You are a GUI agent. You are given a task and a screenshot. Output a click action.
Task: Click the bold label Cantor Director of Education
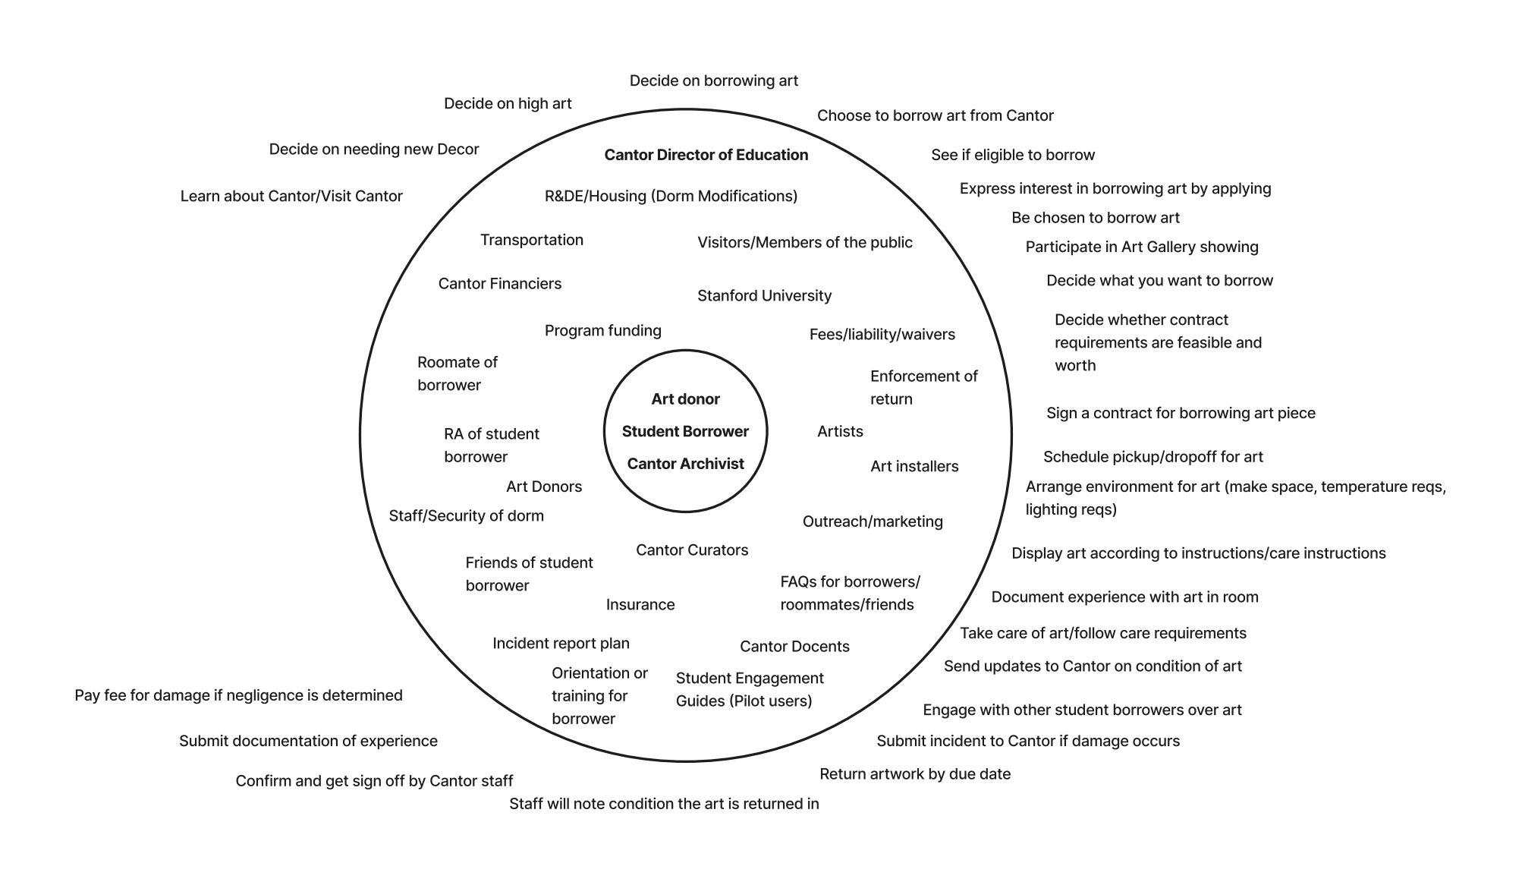coord(706,155)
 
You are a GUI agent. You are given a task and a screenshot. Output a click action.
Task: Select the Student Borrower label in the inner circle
coord(685,431)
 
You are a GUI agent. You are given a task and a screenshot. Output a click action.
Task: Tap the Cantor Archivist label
coord(685,464)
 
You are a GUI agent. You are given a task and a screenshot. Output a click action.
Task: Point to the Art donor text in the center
coord(685,399)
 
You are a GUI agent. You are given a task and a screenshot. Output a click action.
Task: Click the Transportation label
coord(531,240)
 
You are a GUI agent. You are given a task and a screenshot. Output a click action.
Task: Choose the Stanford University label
coord(764,295)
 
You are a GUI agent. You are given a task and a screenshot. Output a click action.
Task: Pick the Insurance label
coord(640,604)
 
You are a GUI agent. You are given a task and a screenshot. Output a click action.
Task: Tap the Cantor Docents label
coord(794,646)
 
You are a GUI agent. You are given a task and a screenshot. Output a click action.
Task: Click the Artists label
coord(840,431)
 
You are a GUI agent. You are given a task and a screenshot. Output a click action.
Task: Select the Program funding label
coord(602,330)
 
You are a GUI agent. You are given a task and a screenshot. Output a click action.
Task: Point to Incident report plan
coord(561,643)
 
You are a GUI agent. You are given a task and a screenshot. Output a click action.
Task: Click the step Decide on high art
coord(508,103)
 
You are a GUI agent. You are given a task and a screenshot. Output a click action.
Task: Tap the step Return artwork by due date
coord(914,773)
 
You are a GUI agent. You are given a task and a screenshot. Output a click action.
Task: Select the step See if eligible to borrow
coord(1013,155)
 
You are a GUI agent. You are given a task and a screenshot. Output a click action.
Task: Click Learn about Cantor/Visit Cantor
coord(291,196)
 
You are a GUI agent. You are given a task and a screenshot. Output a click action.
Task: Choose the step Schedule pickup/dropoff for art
coord(1153,456)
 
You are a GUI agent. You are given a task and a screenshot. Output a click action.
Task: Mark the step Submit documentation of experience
coord(308,740)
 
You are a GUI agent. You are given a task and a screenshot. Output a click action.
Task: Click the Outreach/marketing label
coord(873,521)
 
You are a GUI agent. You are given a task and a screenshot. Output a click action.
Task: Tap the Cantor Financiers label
coord(499,283)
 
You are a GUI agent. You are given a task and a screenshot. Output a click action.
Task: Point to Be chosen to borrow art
coord(1095,218)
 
